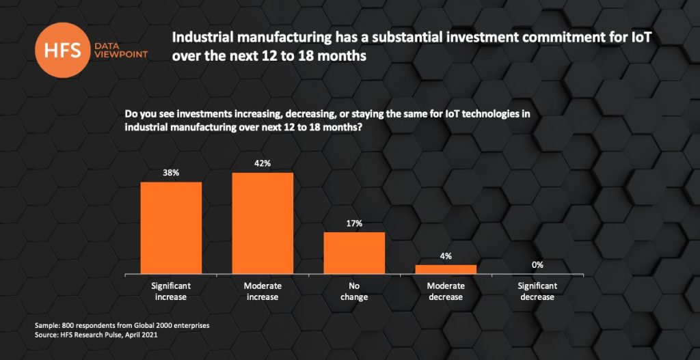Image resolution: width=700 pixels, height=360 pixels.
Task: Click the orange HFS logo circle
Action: click(x=71, y=46)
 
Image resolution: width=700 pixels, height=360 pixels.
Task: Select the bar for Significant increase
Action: click(x=171, y=227)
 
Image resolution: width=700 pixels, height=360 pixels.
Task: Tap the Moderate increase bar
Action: click(x=262, y=223)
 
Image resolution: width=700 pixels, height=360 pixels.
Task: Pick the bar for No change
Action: click(x=354, y=253)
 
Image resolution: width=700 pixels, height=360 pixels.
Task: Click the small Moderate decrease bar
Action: click(x=446, y=269)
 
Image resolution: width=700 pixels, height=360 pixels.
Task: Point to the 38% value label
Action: click(x=171, y=173)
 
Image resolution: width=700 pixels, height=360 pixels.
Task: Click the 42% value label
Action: click(x=262, y=164)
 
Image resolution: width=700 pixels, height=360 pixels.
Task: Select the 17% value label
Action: click(x=354, y=223)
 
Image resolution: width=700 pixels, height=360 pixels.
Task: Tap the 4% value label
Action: click(x=446, y=256)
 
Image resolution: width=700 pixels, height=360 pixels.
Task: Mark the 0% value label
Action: click(x=537, y=265)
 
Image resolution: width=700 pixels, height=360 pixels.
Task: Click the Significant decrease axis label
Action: click(x=537, y=291)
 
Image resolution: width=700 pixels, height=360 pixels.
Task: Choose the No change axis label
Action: click(x=354, y=291)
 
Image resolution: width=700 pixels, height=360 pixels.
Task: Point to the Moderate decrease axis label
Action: click(x=446, y=291)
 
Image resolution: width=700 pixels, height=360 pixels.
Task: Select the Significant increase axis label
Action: click(x=171, y=291)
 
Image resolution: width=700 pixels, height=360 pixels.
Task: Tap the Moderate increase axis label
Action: click(x=262, y=291)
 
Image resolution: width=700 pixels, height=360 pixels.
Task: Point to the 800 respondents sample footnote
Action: click(x=122, y=325)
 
